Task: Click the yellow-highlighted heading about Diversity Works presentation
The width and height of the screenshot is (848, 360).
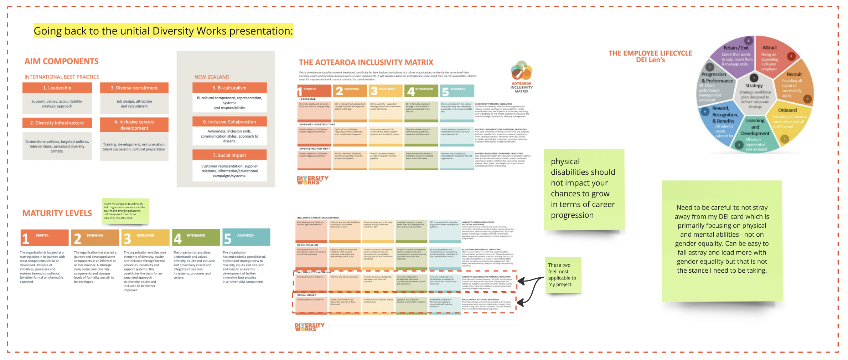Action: [x=163, y=31]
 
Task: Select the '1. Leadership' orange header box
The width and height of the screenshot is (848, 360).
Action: [x=57, y=88]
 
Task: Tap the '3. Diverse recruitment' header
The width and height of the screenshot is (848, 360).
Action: [x=134, y=88]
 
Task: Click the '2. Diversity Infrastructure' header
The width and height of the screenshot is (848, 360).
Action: [x=57, y=123]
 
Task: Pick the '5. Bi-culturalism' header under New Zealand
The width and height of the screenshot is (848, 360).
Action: [x=229, y=88]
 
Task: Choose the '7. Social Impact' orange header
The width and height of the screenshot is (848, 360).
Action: [x=229, y=155]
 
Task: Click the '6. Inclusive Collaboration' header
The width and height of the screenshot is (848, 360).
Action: [x=229, y=122]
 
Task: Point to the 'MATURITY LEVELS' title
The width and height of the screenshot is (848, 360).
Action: [x=57, y=213]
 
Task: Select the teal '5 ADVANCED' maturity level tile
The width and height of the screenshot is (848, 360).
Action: [x=246, y=237]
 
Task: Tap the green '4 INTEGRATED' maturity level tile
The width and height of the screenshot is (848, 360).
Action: [x=196, y=237]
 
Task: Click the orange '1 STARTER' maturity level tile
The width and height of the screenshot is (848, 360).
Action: [x=44, y=238]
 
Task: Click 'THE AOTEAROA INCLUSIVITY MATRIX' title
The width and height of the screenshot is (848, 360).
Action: [x=366, y=63]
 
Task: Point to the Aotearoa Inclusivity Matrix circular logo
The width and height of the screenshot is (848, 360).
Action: [x=521, y=71]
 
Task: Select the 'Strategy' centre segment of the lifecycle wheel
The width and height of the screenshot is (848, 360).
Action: [x=754, y=93]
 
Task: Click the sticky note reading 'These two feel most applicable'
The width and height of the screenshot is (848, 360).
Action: [x=563, y=275]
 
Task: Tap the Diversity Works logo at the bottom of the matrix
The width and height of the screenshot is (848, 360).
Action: [x=309, y=327]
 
